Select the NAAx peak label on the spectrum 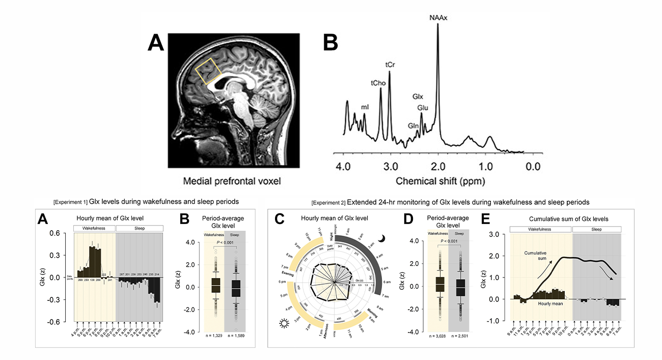(438, 17)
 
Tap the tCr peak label (391, 65)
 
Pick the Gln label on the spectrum (413, 125)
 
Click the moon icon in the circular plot (380, 239)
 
